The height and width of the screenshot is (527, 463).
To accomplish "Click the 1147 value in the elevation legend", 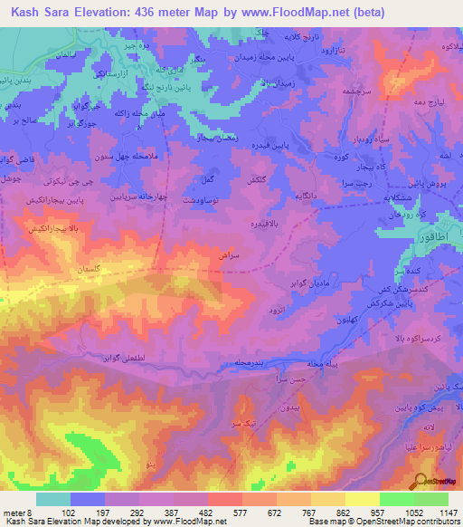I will coord(448,513).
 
